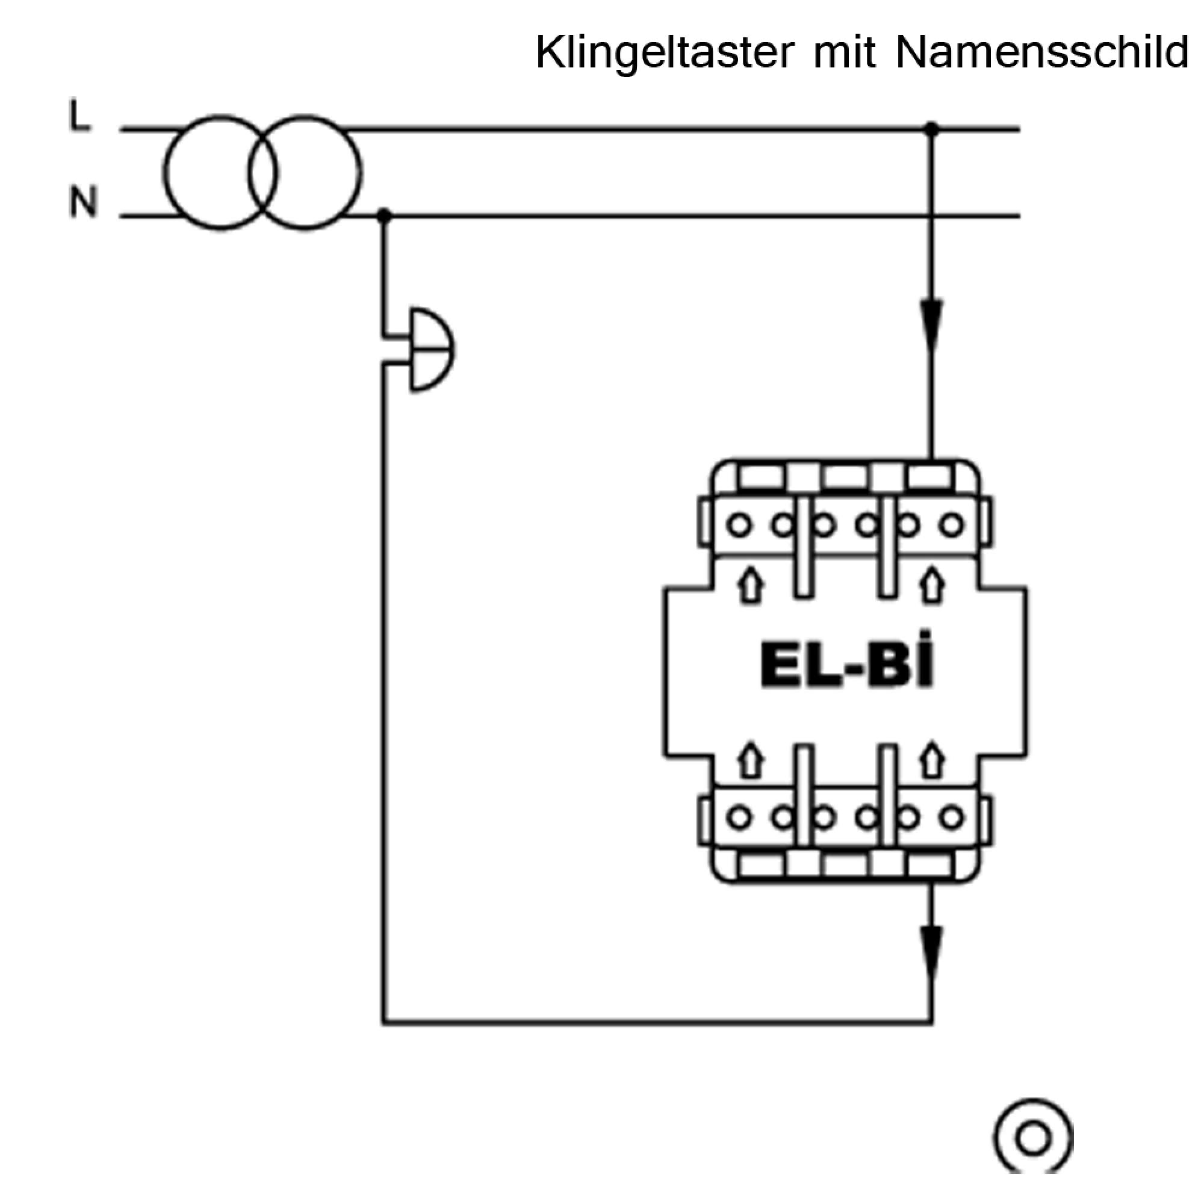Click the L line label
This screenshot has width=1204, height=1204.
coord(79,117)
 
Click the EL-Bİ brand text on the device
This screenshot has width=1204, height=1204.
coord(847,668)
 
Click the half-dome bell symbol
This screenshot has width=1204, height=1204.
coord(430,350)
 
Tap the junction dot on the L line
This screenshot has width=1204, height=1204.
coord(932,129)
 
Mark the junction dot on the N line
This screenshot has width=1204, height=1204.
coord(385,216)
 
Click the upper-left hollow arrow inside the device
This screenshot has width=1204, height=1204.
coord(751,585)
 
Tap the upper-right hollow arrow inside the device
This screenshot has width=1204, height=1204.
coord(932,585)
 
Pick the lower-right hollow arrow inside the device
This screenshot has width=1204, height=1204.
coord(932,760)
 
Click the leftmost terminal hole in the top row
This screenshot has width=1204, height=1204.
coord(740,526)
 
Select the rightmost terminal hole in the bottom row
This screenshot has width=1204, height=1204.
coord(951,816)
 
